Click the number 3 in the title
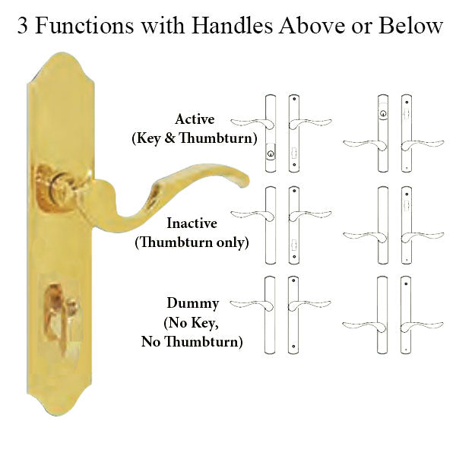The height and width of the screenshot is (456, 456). click(x=23, y=26)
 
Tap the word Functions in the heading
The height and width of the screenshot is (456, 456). click(x=84, y=26)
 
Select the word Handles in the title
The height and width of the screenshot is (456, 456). click(x=232, y=25)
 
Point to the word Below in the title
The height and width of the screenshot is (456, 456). click(x=410, y=26)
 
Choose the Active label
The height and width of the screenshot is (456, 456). click(x=195, y=119)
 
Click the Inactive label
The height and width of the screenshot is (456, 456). click(x=192, y=223)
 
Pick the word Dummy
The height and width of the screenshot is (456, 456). click(x=193, y=304)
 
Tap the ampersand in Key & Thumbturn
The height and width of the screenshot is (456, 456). click(x=169, y=138)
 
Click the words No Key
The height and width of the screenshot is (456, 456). click(x=191, y=323)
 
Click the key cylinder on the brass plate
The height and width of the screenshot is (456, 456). click(x=59, y=186)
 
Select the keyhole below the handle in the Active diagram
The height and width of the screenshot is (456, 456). click(x=271, y=154)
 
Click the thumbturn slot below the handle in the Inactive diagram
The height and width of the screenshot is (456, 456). click(x=294, y=244)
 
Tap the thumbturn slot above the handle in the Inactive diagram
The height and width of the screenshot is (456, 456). click(x=407, y=204)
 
